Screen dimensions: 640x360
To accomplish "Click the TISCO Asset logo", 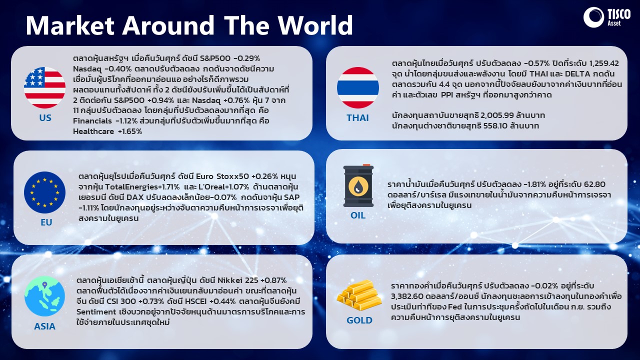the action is coord(607,17).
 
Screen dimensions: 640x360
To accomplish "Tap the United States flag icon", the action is coord(44,87).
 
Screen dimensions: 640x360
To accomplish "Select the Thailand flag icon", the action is coord(358,87).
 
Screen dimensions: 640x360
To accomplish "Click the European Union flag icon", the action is coord(45,192).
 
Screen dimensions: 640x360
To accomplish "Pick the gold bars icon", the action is coord(359,295).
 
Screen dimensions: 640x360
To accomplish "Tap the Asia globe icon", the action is coord(44,296).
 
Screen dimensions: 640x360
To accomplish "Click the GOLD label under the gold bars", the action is coord(359,320).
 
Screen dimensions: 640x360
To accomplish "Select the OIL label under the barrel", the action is coord(358,215).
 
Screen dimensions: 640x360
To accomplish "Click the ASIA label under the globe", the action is coord(44,326).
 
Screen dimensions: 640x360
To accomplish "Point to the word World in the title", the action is coord(315,25).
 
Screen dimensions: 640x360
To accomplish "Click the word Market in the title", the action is coord(70,25).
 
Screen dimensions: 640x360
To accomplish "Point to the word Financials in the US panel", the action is coord(92,121).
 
